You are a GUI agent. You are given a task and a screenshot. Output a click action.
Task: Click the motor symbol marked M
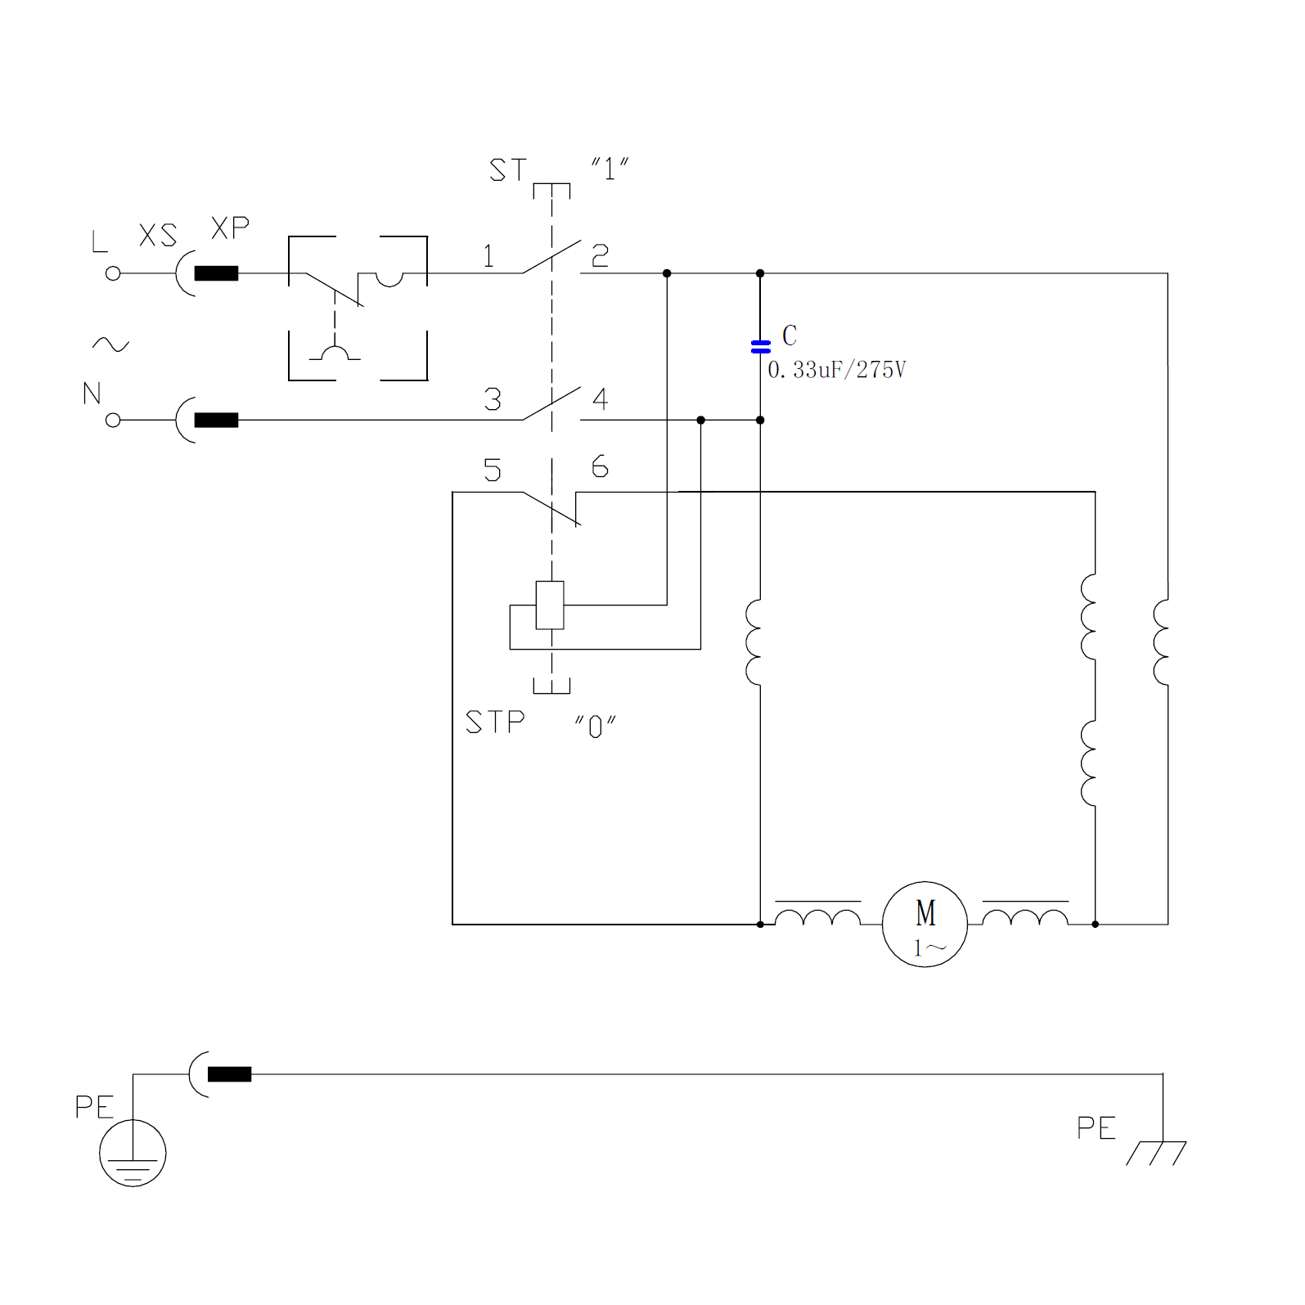[925, 924]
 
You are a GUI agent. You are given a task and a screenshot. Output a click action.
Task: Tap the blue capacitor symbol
[760, 347]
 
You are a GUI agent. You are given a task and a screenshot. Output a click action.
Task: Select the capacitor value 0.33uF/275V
[836, 370]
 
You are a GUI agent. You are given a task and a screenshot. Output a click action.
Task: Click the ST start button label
[508, 170]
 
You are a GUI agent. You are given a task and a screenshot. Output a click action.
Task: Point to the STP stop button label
[495, 722]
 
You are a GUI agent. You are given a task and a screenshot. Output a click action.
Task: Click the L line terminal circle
[113, 273]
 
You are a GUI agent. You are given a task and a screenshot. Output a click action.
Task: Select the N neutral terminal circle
[113, 420]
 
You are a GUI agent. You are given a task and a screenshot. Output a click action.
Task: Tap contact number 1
[488, 257]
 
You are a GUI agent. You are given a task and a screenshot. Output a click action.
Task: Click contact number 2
[600, 257]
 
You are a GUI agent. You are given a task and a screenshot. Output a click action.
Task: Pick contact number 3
[492, 400]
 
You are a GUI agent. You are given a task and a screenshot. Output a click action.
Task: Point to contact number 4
[600, 399]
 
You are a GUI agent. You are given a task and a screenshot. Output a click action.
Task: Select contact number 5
[492, 470]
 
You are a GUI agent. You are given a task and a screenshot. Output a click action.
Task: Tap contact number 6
[600, 467]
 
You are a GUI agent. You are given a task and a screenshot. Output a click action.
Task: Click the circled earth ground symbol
[133, 1153]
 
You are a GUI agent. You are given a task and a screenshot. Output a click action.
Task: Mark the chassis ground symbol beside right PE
[1157, 1152]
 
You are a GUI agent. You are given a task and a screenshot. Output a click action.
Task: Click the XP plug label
[230, 228]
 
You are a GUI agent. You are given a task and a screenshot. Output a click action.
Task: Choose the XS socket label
[158, 236]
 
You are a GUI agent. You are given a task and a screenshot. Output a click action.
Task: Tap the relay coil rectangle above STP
[550, 605]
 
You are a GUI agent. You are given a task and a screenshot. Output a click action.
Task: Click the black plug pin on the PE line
[229, 1074]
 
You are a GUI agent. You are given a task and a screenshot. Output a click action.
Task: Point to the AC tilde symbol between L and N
[110, 344]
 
